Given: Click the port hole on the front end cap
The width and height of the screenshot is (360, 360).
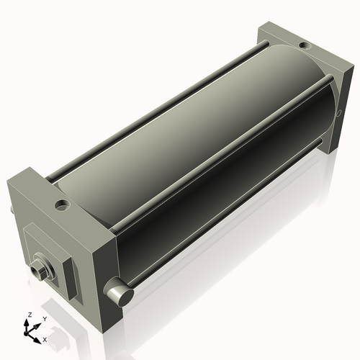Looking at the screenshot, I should point(61,204).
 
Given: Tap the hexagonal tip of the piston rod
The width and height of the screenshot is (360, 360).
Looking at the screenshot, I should point(39,271).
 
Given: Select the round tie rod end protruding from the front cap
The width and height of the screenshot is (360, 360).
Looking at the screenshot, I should point(117,292).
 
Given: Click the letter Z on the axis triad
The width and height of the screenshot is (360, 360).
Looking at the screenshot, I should point(30,315).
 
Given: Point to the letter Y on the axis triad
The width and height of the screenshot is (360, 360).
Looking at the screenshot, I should point(44,318).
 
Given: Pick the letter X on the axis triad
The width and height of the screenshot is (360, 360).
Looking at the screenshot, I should point(45,338).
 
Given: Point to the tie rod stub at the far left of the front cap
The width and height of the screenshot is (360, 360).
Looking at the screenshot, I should point(12,210).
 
